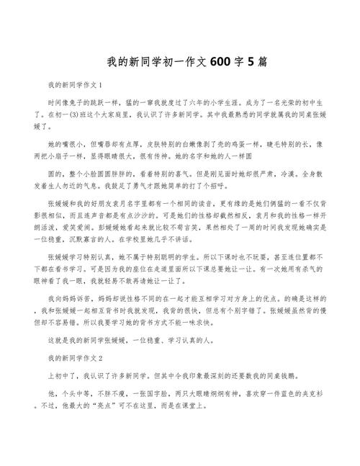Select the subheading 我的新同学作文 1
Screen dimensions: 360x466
tap(76, 85)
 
